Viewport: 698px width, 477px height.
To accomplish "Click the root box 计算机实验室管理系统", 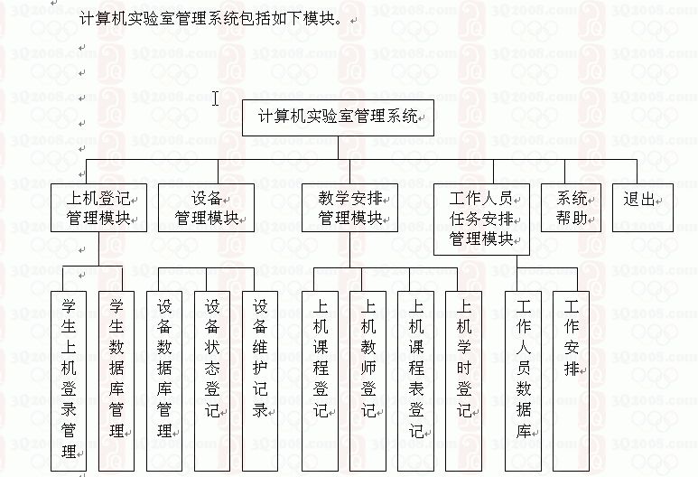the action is (x=338, y=117).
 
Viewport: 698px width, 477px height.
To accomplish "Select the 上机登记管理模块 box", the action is (x=98, y=208).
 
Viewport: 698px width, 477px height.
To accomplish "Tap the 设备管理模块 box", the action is (x=206, y=208).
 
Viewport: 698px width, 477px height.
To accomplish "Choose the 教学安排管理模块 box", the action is (x=349, y=208).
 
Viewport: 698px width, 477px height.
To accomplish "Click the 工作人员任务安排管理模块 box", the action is (x=481, y=220).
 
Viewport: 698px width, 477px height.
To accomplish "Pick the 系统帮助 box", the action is (x=571, y=208).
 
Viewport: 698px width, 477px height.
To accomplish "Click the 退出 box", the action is (x=643, y=208).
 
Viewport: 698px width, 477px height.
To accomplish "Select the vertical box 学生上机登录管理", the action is (x=68, y=381).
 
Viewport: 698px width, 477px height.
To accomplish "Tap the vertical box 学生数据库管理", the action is (x=116, y=381).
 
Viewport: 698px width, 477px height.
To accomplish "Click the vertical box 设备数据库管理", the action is (x=164, y=381).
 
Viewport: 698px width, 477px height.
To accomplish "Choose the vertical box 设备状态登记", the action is (x=212, y=381).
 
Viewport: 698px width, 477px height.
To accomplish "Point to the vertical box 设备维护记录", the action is (x=260, y=381).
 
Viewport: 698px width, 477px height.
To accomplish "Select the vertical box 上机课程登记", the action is (x=320, y=381).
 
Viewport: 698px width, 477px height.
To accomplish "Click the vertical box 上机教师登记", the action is (x=368, y=381).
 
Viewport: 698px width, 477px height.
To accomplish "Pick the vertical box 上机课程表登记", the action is (x=415, y=381).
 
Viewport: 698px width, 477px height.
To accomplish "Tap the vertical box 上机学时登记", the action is (x=464, y=381).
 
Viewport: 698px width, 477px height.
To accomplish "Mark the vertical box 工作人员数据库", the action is (x=524, y=381).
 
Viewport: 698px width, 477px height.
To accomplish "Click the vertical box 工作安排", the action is (x=571, y=381).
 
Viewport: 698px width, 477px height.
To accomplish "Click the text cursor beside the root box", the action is (x=216, y=98).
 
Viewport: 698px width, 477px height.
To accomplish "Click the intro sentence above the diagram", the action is (x=213, y=19).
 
